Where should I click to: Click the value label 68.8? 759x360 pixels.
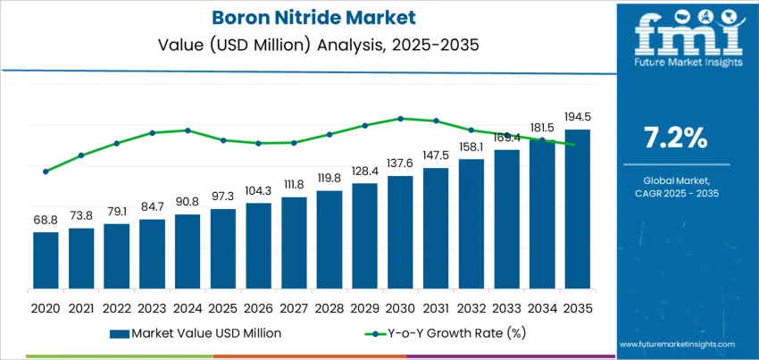46,220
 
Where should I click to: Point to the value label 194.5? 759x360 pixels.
577,117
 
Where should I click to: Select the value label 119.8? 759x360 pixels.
329,178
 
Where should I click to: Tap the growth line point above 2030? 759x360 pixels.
400,118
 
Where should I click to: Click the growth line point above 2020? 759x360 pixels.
46,172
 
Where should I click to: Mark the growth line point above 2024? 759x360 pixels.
188,130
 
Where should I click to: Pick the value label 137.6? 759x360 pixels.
400,163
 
